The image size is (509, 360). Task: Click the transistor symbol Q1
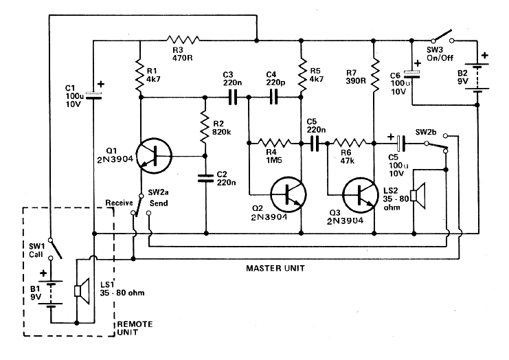coord(154,156)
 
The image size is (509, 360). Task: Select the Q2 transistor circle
coord(289,194)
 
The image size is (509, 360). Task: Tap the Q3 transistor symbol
coord(361,194)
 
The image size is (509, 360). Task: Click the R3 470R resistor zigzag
coord(183,41)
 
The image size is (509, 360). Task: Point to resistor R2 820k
coord(205,127)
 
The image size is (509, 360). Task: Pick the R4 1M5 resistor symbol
coord(275,142)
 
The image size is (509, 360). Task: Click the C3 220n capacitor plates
coord(233,97)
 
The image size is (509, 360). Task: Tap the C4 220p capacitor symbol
coord(274,97)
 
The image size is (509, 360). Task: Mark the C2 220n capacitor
coord(206,178)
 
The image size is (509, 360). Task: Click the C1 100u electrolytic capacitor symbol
coord(93,95)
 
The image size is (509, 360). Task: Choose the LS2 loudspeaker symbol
coord(418,196)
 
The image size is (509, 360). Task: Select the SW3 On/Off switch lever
coord(443,36)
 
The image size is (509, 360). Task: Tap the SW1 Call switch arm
coord(56,249)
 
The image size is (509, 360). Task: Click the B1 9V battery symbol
coord(50,294)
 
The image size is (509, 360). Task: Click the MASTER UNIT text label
coord(275,269)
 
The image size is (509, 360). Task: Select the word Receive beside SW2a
coord(119,203)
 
